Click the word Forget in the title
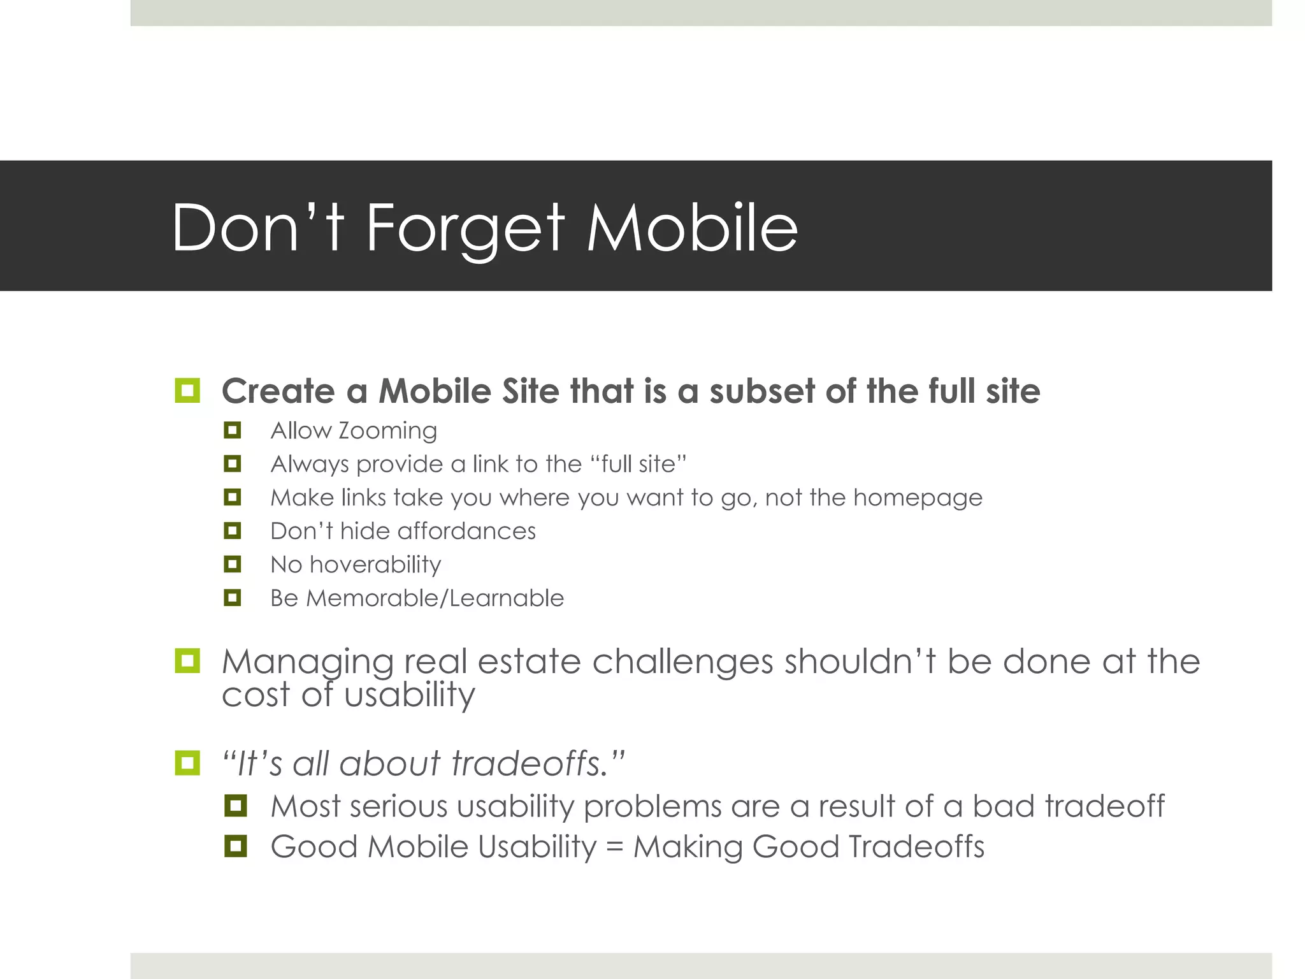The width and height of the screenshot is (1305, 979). (465, 228)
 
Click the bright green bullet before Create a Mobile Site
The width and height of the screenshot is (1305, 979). (187, 390)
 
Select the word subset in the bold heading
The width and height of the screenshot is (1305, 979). (761, 391)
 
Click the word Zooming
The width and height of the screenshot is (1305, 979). (387, 431)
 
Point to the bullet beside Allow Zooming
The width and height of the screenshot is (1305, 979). (233, 430)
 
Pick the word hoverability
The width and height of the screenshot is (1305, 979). (375, 565)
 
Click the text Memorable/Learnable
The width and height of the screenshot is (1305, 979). (435, 598)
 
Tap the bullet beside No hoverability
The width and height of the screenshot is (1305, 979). (233, 564)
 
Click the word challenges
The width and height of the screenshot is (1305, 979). (682, 662)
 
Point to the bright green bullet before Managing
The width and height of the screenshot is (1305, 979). (187, 661)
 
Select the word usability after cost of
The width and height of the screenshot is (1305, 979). (410, 695)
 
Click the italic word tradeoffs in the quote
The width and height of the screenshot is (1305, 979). (528, 764)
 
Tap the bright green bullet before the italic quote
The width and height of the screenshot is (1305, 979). (187, 762)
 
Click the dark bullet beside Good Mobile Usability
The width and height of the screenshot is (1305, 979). (236, 846)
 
